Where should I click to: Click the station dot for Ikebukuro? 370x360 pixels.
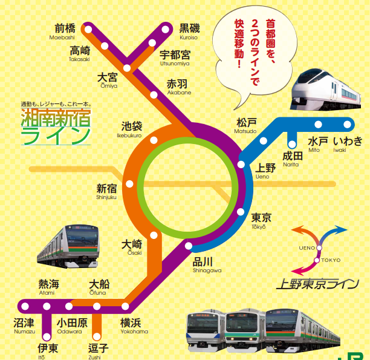click(x=154, y=140)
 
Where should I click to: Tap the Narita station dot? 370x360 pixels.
click(x=291, y=144)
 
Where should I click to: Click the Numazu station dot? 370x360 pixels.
click(x=25, y=306)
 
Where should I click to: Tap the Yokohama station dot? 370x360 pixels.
click(x=126, y=306)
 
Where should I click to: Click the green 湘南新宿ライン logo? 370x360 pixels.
click(x=55, y=125)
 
